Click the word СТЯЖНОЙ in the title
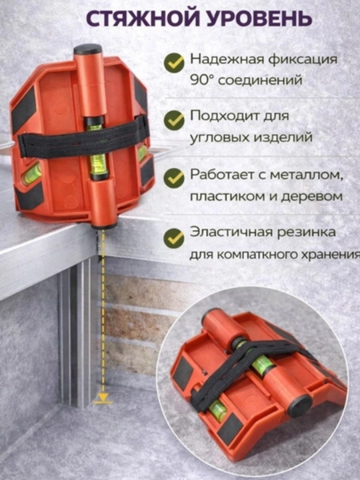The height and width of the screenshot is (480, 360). pyautogui.click(x=141, y=18)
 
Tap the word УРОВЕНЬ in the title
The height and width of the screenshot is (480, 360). pyautogui.click(x=259, y=18)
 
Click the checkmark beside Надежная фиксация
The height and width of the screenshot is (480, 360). pyautogui.click(x=174, y=63)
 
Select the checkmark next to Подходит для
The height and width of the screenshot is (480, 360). pyautogui.click(x=174, y=120)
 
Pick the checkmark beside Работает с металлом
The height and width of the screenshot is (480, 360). pyautogui.click(x=174, y=177)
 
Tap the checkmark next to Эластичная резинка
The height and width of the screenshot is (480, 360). pyautogui.click(x=174, y=238)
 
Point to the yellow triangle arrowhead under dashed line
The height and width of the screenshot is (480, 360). pyautogui.click(x=103, y=398)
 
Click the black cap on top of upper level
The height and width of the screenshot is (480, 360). pyautogui.click(x=87, y=49)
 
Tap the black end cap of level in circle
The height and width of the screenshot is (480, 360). pyautogui.click(x=300, y=405)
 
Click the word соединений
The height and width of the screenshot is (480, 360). pyautogui.click(x=260, y=80)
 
